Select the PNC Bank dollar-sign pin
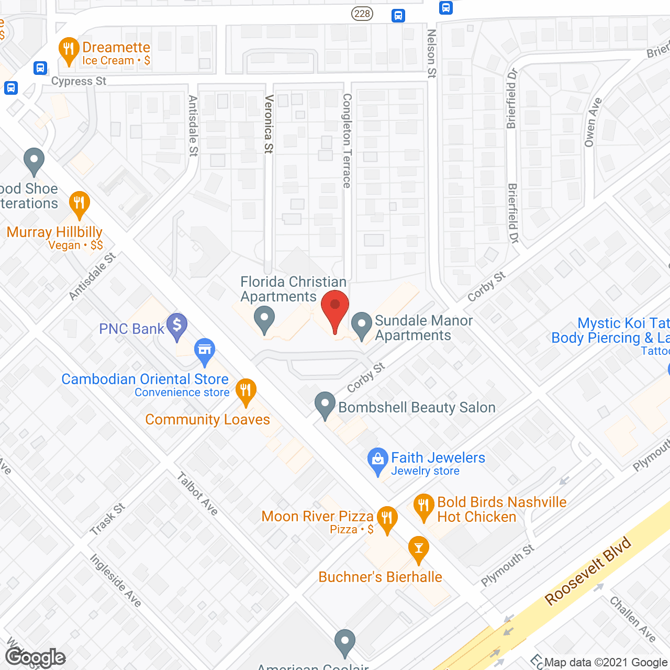(x=177, y=327)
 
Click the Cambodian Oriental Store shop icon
(x=205, y=352)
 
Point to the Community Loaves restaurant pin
(x=245, y=392)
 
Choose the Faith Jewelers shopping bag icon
(x=377, y=461)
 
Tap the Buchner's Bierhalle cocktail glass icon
(x=418, y=550)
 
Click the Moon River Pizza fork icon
(x=387, y=520)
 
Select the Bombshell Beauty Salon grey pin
(x=325, y=405)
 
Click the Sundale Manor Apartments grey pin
(x=361, y=326)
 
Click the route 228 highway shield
(x=362, y=14)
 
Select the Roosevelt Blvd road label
(x=588, y=572)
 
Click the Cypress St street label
(x=79, y=81)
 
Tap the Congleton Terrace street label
(x=347, y=140)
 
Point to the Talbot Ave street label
(x=197, y=494)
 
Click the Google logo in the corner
(x=36, y=657)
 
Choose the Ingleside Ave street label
(x=116, y=580)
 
